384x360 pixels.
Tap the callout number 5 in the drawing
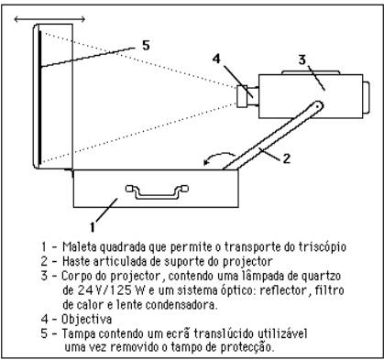[x=146, y=46]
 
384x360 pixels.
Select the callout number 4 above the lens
[x=216, y=59]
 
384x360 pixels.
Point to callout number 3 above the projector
[x=302, y=60]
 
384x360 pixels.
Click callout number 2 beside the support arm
[x=286, y=158]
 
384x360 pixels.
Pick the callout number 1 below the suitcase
[x=93, y=227]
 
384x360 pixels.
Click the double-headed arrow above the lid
[x=49, y=19]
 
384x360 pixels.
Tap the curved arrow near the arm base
[x=218, y=158]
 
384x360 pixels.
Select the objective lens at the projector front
[x=242, y=96]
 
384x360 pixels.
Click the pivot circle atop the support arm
[x=318, y=106]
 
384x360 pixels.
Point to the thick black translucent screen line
[x=39, y=96]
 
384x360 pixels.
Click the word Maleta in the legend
[x=79, y=246]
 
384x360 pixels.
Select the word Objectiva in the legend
[x=86, y=320]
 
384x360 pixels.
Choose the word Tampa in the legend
[x=79, y=333]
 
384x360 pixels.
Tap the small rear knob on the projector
[x=367, y=97]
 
